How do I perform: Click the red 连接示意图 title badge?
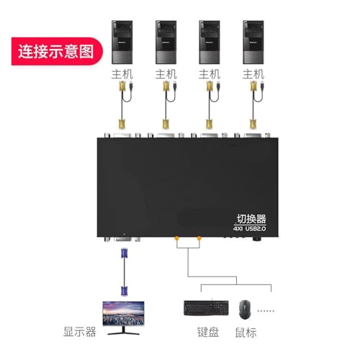tap(57, 51)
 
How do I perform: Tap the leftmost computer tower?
tap(122, 42)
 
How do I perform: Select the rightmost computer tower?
tap(253, 42)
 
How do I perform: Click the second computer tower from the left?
tap(166, 42)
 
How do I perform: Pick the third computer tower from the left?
tap(210, 42)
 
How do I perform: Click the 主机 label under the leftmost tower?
tap(122, 74)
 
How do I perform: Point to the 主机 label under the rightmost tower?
tap(253, 74)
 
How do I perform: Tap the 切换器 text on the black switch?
tap(251, 219)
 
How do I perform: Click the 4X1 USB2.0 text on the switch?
tap(250, 228)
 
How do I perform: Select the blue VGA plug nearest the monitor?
tap(124, 291)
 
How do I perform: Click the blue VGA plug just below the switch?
tap(124, 253)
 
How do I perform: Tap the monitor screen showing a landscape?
tap(123, 313)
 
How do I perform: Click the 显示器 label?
tap(80, 332)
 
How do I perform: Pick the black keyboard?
tap(207, 308)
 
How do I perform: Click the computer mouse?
tap(245, 310)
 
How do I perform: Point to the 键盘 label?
tap(208, 332)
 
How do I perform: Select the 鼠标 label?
tap(246, 333)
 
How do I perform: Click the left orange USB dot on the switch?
tap(176, 238)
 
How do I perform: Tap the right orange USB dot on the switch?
tap(199, 238)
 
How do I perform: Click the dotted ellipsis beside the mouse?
tap(266, 310)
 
